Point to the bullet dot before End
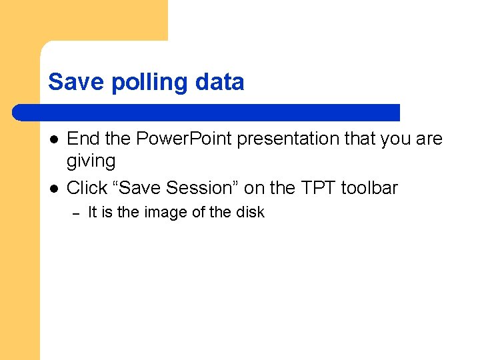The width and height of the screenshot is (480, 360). point(53,139)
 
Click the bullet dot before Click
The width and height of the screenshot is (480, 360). point(53,189)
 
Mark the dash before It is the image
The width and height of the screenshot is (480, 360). point(75,213)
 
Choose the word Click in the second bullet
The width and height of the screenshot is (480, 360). point(87,188)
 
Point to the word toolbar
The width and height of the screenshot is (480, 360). point(369,188)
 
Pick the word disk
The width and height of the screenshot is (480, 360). point(250,212)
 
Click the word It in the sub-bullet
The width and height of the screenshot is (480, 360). point(93,212)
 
